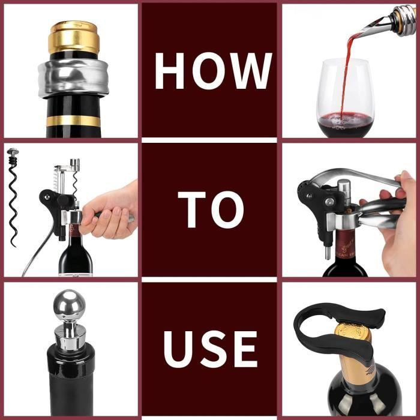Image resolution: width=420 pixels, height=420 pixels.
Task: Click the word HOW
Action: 214,71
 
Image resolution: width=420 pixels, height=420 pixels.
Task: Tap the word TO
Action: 211,209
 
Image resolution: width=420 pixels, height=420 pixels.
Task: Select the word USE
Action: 211,349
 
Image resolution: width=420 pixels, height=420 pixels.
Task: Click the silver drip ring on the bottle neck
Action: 73,78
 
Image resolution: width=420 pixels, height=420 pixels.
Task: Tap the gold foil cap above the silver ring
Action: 74,37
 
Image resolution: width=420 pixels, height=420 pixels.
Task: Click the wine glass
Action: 345,98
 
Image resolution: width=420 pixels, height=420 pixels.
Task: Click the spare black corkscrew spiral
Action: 13,197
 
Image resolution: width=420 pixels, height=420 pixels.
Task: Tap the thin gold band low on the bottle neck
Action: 73,121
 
